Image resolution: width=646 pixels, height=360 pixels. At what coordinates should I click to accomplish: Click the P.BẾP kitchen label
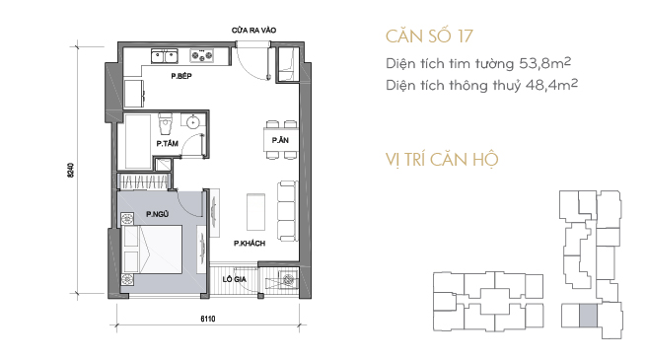coord(181,76)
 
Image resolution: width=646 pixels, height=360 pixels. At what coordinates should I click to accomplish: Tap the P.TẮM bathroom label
coord(168,143)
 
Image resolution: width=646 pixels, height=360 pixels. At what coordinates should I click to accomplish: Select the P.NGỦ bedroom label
coord(158,214)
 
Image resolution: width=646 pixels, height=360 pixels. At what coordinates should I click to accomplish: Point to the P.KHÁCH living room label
coord(250,244)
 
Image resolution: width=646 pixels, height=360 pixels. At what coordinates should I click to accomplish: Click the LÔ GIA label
coord(235,279)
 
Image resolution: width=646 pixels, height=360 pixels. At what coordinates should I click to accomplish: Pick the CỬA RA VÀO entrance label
coord(253,30)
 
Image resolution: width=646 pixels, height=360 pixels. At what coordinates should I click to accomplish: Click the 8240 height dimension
coord(71,170)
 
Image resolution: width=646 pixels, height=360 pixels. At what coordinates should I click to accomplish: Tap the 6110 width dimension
coord(208,319)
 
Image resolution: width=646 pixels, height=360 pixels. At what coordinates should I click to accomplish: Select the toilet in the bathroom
coord(166,124)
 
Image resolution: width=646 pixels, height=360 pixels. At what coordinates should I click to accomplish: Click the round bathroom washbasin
coord(192,122)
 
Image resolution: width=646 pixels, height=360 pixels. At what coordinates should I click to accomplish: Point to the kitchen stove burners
coord(201,55)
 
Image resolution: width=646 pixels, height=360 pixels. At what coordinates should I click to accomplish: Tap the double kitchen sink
coord(165,56)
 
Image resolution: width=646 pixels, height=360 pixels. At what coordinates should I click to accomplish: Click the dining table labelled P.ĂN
coord(280,140)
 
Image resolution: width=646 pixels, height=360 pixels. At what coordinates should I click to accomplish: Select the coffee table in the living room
coord(255,212)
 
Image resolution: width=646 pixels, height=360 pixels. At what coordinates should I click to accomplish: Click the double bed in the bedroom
coord(152,250)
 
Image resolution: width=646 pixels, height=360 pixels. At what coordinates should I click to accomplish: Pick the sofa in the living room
coord(287,210)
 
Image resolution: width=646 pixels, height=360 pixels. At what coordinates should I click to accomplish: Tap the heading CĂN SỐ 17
coord(429,36)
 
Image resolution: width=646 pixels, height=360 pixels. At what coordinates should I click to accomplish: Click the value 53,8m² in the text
coord(544,63)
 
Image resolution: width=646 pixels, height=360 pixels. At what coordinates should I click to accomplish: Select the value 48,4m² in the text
coord(551,85)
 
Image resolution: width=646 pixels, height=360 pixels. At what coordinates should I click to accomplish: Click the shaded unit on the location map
coord(588,316)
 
